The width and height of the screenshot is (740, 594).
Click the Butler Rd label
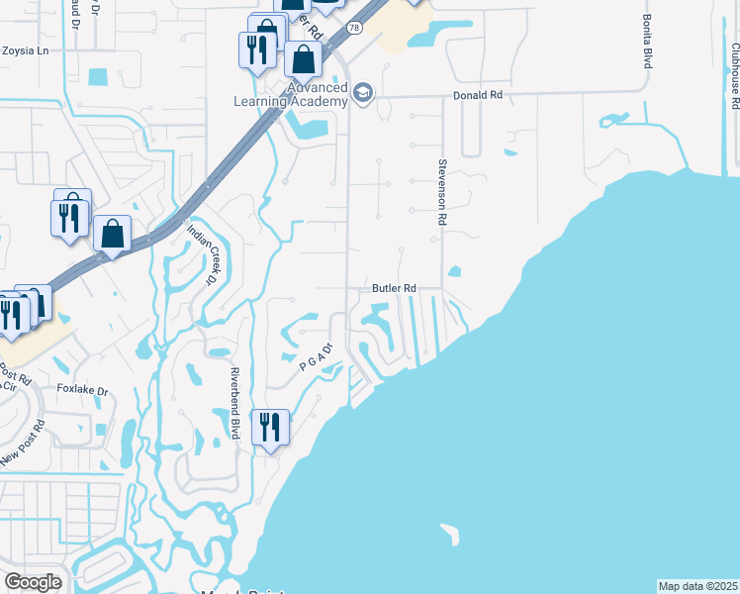pyautogui.click(x=393, y=288)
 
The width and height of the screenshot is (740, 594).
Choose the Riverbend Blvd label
pyautogui.click(x=235, y=404)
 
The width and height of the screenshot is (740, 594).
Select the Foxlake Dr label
pyautogui.click(x=82, y=390)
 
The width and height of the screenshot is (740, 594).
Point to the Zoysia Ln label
pyautogui.click(x=26, y=49)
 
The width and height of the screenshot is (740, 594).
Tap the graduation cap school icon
pyautogui.click(x=363, y=94)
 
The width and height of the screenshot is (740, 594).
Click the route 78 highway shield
pyautogui.click(x=354, y=29)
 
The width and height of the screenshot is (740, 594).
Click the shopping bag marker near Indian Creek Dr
pyautogui.click(x=114, y=235)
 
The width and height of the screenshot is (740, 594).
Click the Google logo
pyautogui.click(x=33, y=582)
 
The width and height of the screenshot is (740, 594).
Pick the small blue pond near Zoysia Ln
pyautogui.click(x=97, y=77)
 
